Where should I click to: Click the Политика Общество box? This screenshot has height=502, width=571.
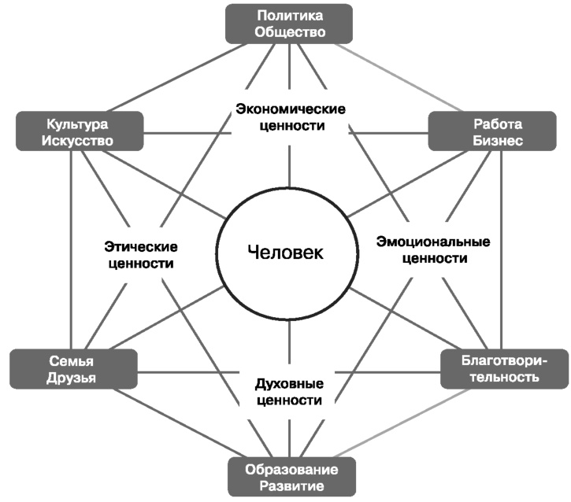tap(288, 24)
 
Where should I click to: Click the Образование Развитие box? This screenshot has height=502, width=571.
tap(289, 478)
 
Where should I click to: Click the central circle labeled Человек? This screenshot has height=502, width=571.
tap(284, 253)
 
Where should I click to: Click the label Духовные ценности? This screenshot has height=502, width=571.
tap(289, 391)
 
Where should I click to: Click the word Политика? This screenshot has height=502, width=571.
tap(288, 15)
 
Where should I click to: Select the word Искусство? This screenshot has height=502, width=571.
tap(79, 142)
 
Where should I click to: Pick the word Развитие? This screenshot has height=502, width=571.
tap(289, 487)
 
